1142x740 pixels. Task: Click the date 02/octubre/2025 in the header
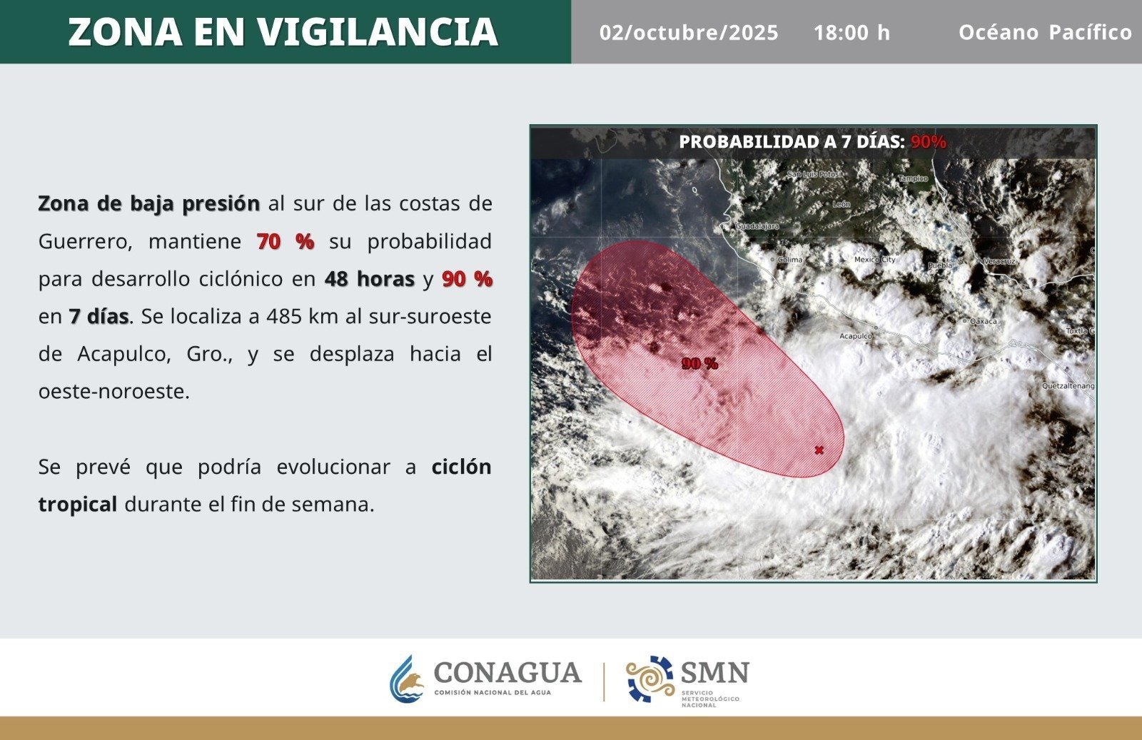click(689, 33)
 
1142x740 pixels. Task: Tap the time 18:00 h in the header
click(852, 33)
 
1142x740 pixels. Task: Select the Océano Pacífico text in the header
click(1045, 32)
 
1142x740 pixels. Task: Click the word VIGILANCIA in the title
click(378, 32)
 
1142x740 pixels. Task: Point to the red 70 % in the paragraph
click(285, 241)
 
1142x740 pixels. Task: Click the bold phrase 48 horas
click(370, 279)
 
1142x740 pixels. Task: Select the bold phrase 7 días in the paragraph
click(99, 317)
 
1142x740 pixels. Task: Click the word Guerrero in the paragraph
click(85, 242)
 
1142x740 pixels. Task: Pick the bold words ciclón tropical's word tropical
click(78, 505)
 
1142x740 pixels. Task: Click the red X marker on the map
click(819, 450)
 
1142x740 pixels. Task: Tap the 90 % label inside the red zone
click(700, 363)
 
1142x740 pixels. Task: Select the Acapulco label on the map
click(856, 336)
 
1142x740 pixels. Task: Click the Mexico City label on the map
click(875, 260)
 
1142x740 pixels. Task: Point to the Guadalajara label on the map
click(757, 226)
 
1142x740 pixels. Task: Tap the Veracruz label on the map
click(999, 261)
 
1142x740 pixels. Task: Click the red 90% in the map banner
click(929, 142)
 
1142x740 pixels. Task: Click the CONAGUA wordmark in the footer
click(507, 672)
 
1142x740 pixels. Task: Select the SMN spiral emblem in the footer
click(650, 679)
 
